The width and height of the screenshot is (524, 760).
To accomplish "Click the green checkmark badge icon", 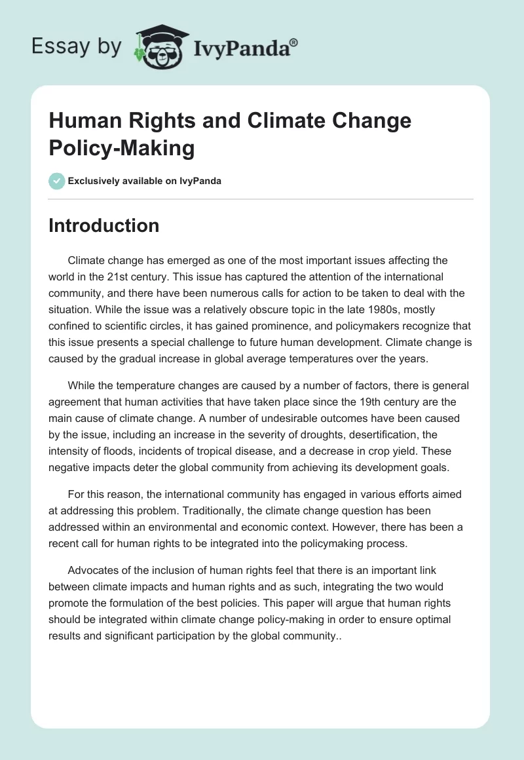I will click(57, 181).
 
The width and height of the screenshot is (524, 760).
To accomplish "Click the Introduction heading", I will click(103, 225).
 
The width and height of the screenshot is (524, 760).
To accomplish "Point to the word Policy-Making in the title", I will click(122, 148).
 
